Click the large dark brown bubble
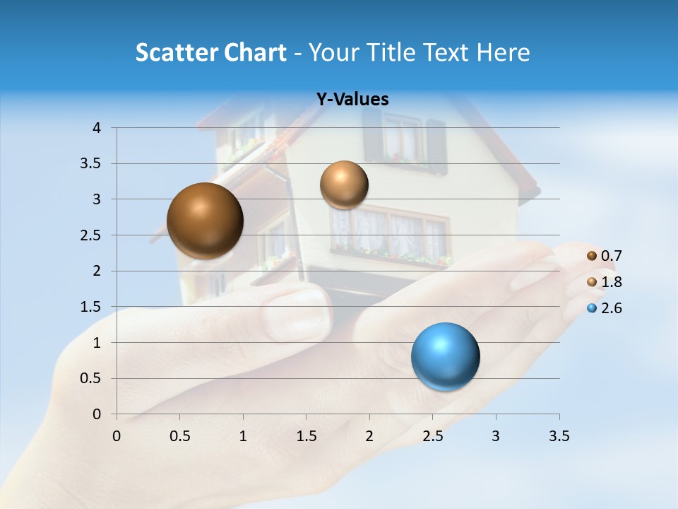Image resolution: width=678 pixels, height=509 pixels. [x=205, y=221]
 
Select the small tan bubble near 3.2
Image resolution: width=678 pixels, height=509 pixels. [x=344, y=185]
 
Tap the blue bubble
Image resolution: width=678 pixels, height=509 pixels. [x=445, y=356]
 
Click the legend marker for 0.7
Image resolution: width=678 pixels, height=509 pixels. [x=592, y=256]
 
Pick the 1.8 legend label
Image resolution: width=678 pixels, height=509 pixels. [x=611, y=282]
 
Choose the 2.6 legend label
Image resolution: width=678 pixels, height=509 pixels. [x=611, y=308]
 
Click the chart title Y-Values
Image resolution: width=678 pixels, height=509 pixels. [x=352, y=100]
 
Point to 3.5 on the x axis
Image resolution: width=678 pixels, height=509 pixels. [x=559, y=436]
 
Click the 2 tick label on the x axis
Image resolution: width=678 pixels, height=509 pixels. [x=369, y=436]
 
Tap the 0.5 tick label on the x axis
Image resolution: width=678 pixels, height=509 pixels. [x=180, y=436]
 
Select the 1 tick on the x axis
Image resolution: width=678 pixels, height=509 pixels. [x=243, y=436]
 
